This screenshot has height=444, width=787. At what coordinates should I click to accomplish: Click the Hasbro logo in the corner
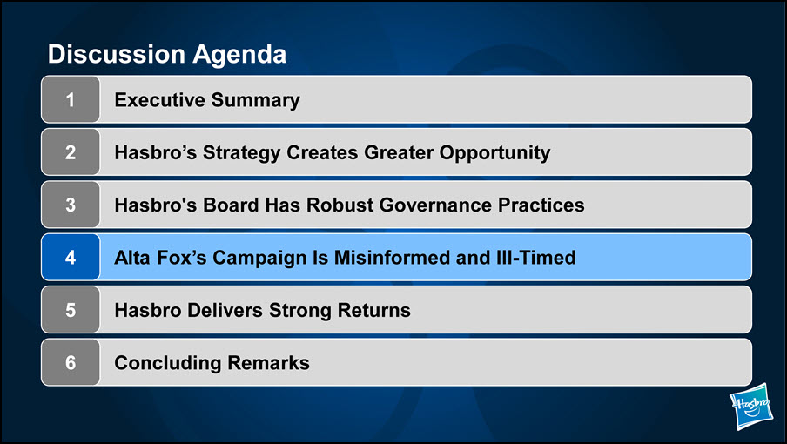pyautogui.click(x=751, y=406)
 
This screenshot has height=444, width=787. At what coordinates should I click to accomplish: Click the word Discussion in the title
pyautogui.click(x=117, y=54)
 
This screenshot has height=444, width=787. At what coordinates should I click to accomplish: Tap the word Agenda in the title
pyautogui.click(x=239, y=55)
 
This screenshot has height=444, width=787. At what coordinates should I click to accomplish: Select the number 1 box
pyautogui.click(x=71, y=99)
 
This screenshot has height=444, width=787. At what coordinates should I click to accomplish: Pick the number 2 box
pyautogui.click(x=71, y=152)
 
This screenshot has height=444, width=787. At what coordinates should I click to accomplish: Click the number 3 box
pyautogui.click(x=71, y=205)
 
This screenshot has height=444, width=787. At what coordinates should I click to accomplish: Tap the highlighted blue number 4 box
pyautogui.click(x=71, y=257)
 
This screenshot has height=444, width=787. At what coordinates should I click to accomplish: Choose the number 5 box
pyautogui.click(x=71, y=310)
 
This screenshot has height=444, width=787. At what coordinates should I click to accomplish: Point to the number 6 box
pyautogui.click(x=71, y=362)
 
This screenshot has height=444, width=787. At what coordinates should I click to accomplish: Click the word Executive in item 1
pyautogui.click(x=159, y=99)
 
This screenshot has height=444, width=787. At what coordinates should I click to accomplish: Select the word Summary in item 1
pyautogui.click(x=255, y=101)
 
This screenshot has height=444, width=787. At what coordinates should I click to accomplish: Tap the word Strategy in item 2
pyautogui.click(x=241, y=153)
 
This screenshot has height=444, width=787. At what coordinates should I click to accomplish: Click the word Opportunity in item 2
pyautogui.click(x=494, y=153)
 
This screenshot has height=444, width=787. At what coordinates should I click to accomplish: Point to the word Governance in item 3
pyautogui.click(x=435, y=205)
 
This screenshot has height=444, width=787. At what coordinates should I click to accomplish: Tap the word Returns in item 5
pyautogui.click(x=374, y=310)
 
